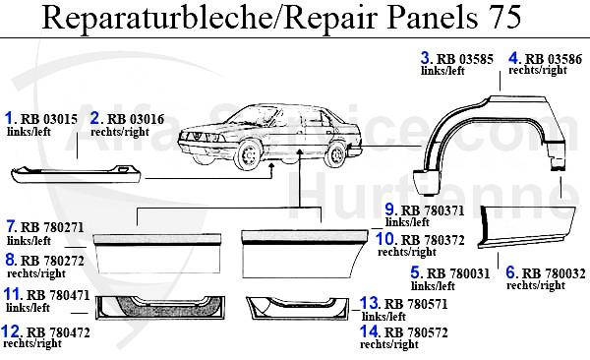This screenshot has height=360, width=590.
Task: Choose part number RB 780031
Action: (x=456, y=272)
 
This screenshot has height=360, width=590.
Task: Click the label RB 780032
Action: (x=552, y=272)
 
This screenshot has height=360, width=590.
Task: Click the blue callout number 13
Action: (x=369, y=303)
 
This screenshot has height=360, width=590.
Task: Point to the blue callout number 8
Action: (x=12, y=261)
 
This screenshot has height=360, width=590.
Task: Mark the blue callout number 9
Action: (x=390, y=210)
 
